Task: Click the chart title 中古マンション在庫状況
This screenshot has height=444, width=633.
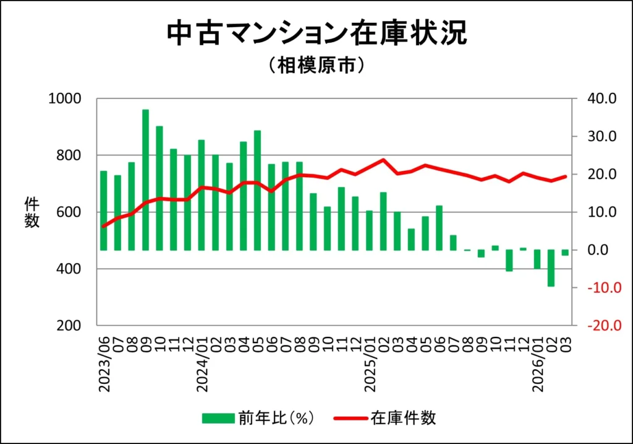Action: point(316,33)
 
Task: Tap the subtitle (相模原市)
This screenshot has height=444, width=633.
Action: point(316,66)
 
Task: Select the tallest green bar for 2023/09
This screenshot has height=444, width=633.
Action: point(146,180)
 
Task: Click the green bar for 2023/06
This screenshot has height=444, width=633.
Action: point(104,211)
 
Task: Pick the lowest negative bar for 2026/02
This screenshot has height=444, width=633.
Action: point(551,268)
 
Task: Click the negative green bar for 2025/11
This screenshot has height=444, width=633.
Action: point(509,261)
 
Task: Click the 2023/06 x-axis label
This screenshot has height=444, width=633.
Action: point(104,365)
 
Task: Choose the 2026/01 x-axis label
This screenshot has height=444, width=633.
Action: point(537,365)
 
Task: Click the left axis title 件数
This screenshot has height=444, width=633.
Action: point(32,212)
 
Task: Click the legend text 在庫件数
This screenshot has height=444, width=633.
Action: point(402,418)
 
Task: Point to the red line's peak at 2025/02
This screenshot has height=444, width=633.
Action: point(383,160)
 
